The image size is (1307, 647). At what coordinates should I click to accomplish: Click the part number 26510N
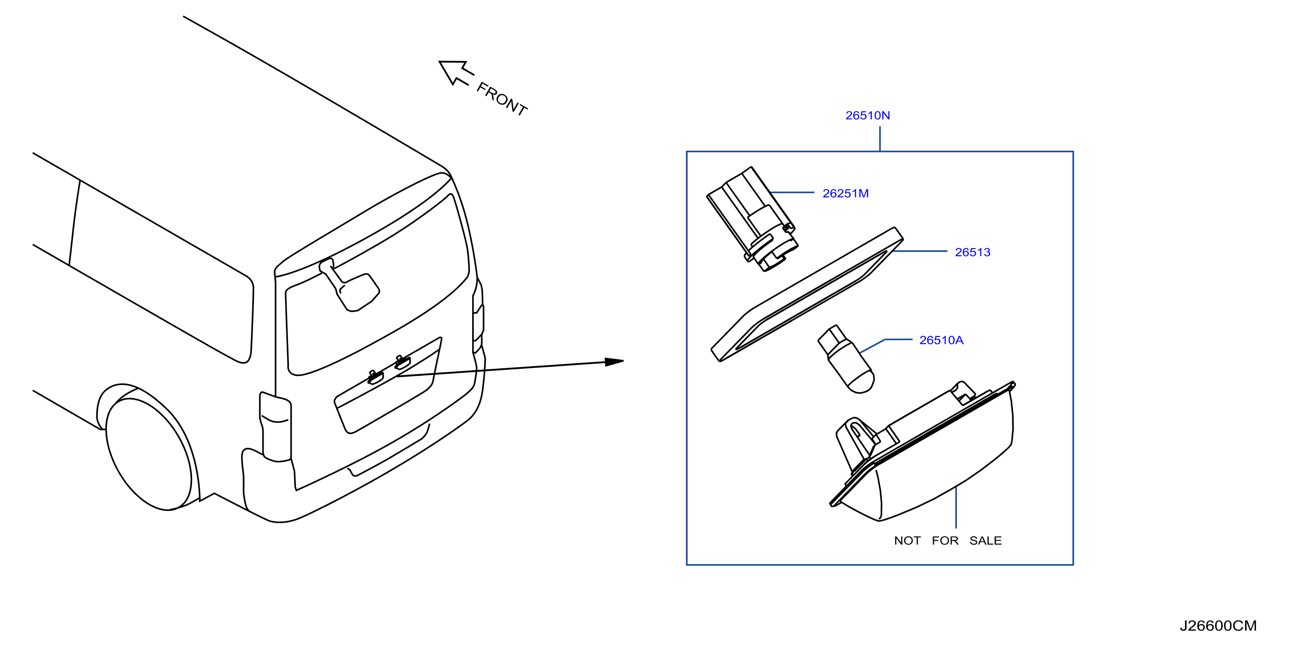click(867, 116)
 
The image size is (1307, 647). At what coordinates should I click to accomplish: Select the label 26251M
click(845, 194)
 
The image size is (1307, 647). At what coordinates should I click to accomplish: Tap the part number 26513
click(972, 252)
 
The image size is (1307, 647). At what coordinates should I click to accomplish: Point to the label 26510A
click(941, 340)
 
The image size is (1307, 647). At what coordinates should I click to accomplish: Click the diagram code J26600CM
click(1218, 626)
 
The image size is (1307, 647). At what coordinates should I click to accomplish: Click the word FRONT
click(502, 99)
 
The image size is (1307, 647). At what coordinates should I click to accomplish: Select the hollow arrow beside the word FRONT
click(456, 72)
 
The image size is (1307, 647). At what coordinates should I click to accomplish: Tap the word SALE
click(985, 541)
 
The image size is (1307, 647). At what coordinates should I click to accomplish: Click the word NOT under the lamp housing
click(907, 541)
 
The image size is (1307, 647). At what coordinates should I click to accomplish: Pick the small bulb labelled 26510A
click(846, 359)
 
